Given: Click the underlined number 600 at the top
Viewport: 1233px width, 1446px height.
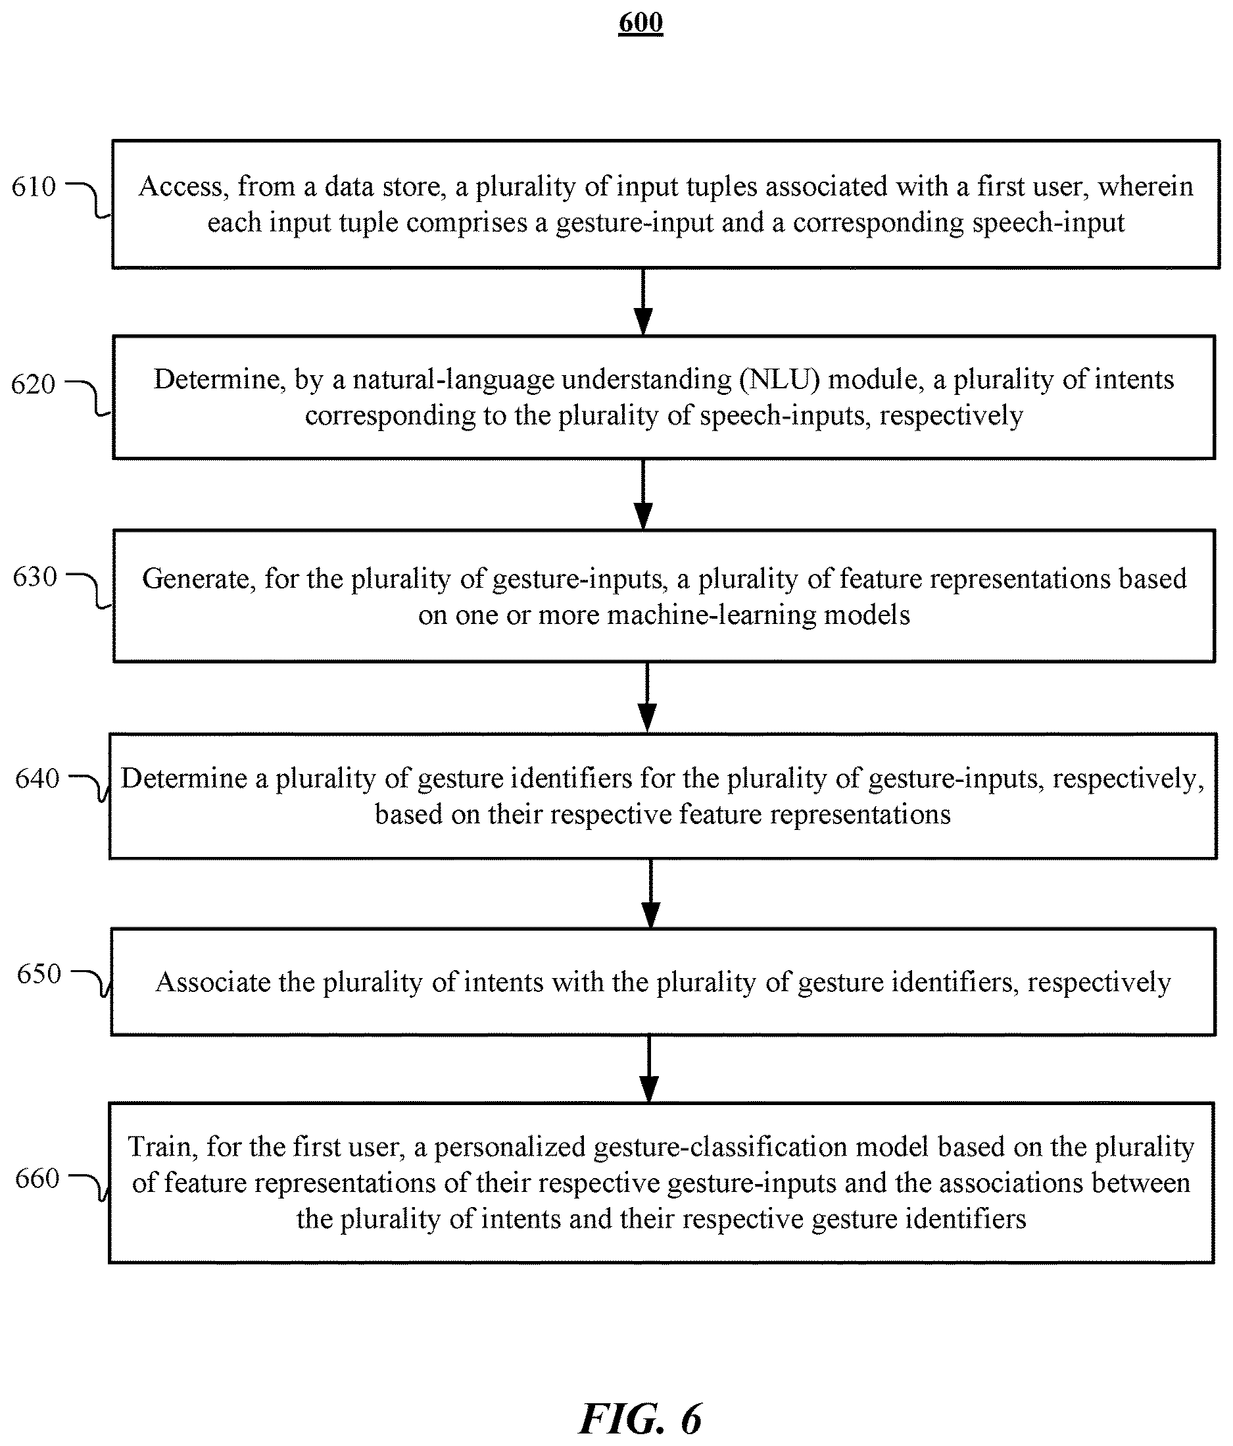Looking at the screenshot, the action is (641, 22).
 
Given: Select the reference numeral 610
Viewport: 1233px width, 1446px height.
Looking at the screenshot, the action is (34, 186).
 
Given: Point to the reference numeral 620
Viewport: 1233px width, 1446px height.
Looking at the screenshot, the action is (33, 384).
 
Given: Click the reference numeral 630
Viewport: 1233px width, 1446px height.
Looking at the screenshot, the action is (35, 577).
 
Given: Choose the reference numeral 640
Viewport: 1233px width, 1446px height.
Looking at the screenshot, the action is (37, 778).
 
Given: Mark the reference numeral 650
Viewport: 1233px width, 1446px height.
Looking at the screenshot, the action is (39, 973).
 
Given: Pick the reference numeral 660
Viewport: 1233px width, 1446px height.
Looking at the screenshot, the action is (37, 1178).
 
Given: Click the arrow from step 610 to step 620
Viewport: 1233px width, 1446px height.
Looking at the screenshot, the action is (643, 301).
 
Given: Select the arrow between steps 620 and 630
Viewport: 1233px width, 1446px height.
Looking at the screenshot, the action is (643, 494).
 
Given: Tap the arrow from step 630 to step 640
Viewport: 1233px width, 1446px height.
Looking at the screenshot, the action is (647, 697).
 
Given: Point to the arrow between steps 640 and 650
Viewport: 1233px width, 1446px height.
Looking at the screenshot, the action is (650, 893).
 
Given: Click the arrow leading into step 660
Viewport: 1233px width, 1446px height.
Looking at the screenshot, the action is (649, 1068).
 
